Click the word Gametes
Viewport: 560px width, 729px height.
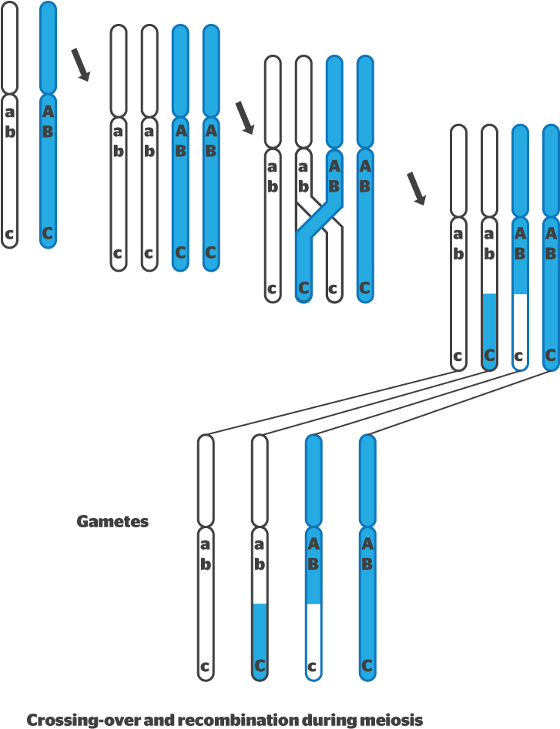pyautogui.click(x=112, y=522)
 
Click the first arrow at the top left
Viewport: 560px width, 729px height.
pyautogui.click(x=80, y=65)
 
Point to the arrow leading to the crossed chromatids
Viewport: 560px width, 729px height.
pyautogui.click(x=244, y=117)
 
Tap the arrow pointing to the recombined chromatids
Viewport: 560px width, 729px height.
pyautogui.click(x=416, y=189)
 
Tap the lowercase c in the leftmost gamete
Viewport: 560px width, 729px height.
pyautogui.click(x=205, y=667)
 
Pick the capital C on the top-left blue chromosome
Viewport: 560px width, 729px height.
pyautogui.click(x=48, y=233)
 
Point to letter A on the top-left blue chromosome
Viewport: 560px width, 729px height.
pyautogui.click(x=48, y=112)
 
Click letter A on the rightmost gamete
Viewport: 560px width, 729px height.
pyautogui.click(x=367, y=544)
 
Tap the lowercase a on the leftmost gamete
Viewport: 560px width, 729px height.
pyautogui.click(x=205, y=544)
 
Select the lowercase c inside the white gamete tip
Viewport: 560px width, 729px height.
pyautogui.click(x=313, y=667)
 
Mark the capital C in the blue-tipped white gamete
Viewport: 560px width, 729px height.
pyautogui.click(x=260, y=666)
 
